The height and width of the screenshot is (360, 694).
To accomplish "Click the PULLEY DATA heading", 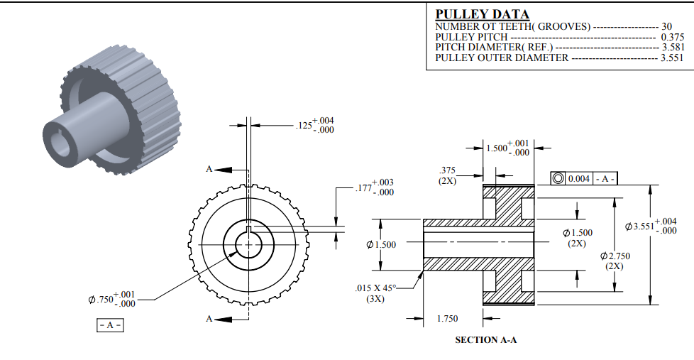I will (x=482, y=14).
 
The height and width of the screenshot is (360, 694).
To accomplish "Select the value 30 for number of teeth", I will (x=666, y=26).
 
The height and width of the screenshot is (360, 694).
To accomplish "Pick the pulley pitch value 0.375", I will (x=672, y=37).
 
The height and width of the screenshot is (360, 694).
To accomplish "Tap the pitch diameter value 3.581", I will (x=672, y=48).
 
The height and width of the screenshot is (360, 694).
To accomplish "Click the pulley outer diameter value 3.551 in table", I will (x=672, y=58).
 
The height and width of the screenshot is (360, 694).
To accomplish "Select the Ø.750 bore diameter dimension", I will (x=113, y=299).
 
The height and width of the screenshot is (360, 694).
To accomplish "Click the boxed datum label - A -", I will (x=110, y=325).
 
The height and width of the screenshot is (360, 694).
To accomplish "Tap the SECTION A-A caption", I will (x=486, y=340).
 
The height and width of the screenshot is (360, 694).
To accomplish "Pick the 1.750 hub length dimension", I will (x=446, y=319).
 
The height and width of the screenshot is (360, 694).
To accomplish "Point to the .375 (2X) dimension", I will (x=447, y=175).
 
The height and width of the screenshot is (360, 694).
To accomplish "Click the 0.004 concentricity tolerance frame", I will (x=583, y=178).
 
